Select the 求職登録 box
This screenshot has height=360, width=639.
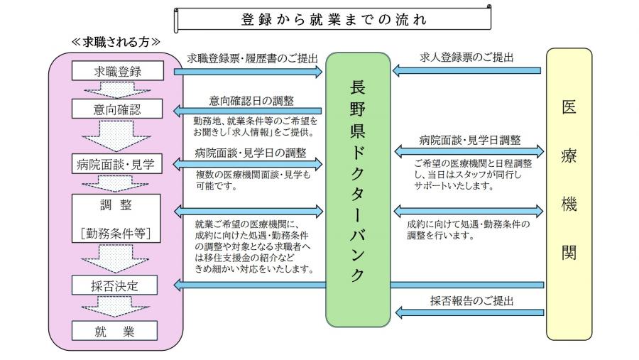(118, 71)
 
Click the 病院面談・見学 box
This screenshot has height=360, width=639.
(118, 165)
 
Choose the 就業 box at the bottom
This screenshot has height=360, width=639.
(118, 332)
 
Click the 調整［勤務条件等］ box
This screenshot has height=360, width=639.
(118, 219)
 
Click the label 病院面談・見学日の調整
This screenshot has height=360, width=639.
(251, 152)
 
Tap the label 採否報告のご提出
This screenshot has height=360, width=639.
(468, 300)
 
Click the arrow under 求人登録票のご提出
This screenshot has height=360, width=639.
(468, 70)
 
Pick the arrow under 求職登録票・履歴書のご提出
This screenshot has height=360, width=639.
(252, 71)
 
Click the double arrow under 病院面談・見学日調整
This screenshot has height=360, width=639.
(468, 151)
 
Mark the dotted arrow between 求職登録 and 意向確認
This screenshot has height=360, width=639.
(118, 89)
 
